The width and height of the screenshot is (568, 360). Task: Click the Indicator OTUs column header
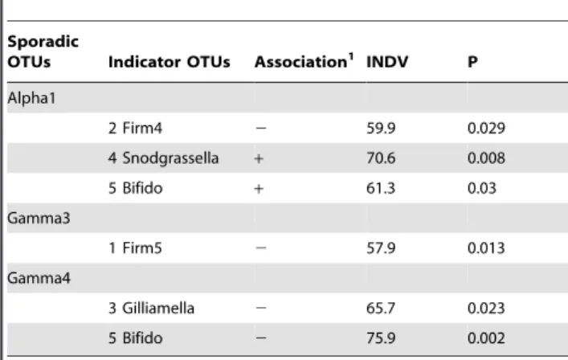click(170, 62)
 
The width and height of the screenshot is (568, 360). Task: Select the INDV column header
click(387, 62)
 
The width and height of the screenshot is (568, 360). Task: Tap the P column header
click(472, 62)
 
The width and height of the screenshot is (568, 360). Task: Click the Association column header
click(301, 62)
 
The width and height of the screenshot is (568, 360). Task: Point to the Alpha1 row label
click(31, 98)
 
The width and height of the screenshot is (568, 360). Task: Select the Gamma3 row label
click(39, 218)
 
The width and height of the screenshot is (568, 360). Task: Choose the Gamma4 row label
click(39, 278)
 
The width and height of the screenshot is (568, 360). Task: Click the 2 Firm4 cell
click(135, 129)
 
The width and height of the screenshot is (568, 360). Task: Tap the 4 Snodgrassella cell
click(163, 158)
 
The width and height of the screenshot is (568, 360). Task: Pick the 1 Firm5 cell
click(135, 248)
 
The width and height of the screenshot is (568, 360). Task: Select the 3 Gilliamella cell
click(151, 309)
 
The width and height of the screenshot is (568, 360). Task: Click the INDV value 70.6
click(381, 158)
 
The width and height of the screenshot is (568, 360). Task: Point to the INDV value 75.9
click(381, 338)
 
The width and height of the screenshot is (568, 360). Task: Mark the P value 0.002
click(486, 338)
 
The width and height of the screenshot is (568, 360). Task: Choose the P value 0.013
click(486, 248)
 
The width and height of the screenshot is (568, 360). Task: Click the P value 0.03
click(482, 188)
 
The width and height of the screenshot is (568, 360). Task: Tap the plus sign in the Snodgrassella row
click(259, 158)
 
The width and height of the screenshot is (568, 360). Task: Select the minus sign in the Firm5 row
click(261, 248)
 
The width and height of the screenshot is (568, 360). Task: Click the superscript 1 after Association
click(350, 57)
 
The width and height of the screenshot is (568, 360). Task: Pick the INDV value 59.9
click(381, 129)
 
